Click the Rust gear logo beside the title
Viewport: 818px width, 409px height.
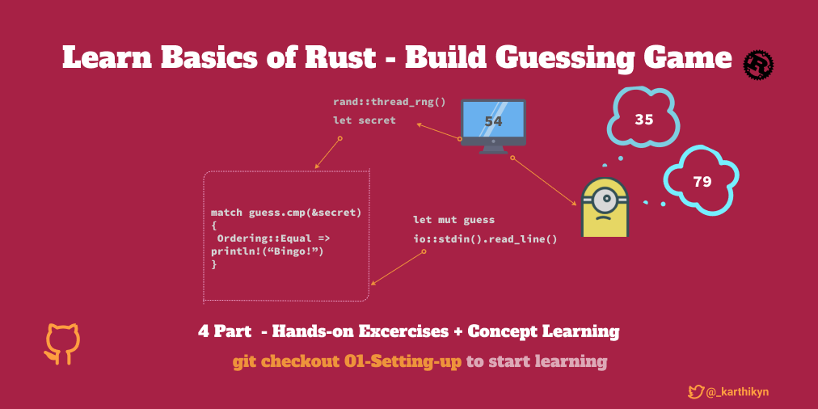click(758, 65)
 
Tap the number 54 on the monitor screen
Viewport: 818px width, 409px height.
click(493, 121)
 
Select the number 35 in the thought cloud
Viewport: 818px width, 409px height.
click(643, 120)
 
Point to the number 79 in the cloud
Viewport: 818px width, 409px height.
click(702, 182)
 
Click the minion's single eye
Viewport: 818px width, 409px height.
click(605, 198)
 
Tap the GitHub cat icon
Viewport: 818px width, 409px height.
click(62, 344)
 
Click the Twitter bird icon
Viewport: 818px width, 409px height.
click(696, 392)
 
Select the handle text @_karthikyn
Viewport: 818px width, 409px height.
click(737, 392)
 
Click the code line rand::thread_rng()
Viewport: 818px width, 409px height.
click(389, 102)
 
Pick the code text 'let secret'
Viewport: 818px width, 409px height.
click(364, 120)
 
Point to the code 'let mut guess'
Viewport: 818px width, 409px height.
click(453, 220)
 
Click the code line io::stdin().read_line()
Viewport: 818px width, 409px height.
click(485, 239)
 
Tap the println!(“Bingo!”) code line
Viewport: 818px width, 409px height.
click(268, 252)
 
